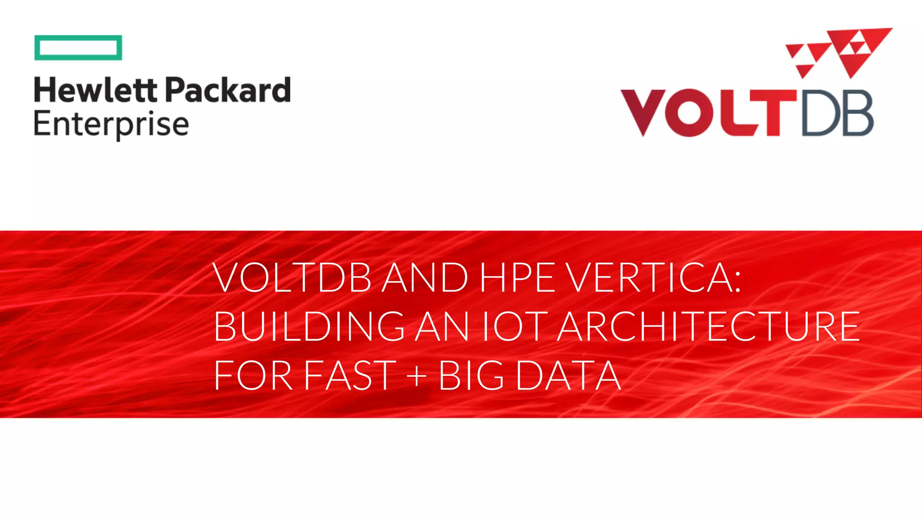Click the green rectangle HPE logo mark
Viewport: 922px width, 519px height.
point(78,47)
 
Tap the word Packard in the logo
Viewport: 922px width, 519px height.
point(228,90)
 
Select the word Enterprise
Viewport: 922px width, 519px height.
point(111,125)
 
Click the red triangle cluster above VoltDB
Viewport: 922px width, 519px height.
point(839,52)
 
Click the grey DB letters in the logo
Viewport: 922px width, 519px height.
point(837,113)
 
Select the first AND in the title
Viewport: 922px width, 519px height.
point(425,278)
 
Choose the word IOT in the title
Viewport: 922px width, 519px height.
point(515,326)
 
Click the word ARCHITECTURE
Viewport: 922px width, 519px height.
point(709,326)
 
